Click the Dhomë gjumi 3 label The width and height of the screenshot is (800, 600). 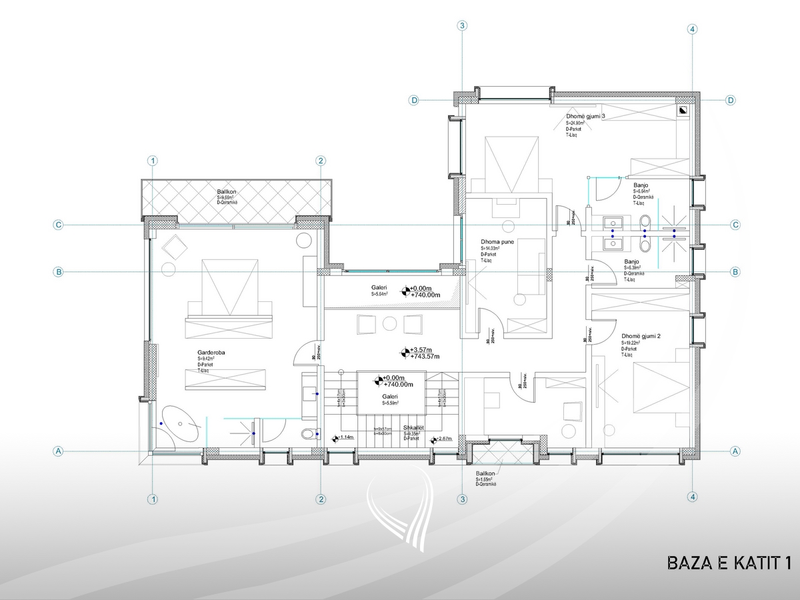(585, 117)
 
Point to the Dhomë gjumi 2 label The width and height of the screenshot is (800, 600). (640, 337)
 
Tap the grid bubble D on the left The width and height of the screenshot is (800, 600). (414, 100)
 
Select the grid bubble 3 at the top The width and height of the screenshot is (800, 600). (461, 26)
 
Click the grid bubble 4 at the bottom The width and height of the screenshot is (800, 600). (693, 497)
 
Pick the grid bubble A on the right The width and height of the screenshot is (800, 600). (735, 451)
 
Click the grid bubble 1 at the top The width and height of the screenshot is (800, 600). (153, 161)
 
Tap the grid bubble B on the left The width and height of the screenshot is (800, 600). (59, 272)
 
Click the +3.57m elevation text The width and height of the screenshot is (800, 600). (421, 350)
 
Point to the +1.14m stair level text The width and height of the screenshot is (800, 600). (345, 437)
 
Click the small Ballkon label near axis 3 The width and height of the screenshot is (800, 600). (485, 473)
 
